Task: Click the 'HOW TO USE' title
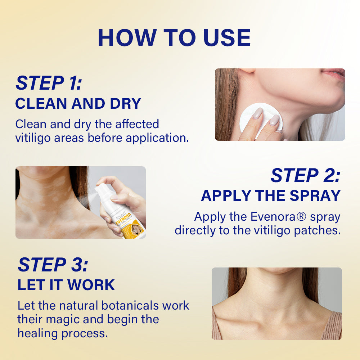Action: [174, 38]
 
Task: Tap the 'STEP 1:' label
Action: [49, 83]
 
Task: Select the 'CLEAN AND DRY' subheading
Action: [78, 104]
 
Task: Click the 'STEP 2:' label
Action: [306, 175]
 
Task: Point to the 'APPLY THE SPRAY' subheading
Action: [271, 196]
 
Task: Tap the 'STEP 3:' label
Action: [53, 265]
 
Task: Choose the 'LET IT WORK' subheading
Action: [66, 285]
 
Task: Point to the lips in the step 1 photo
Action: [334, 74]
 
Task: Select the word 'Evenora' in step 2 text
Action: [273, 217]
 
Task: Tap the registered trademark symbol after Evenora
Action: [301, 217]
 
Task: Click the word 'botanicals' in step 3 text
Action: [130, 306]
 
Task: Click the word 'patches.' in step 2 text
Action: [317, 231]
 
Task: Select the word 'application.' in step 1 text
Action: [157, 138]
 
